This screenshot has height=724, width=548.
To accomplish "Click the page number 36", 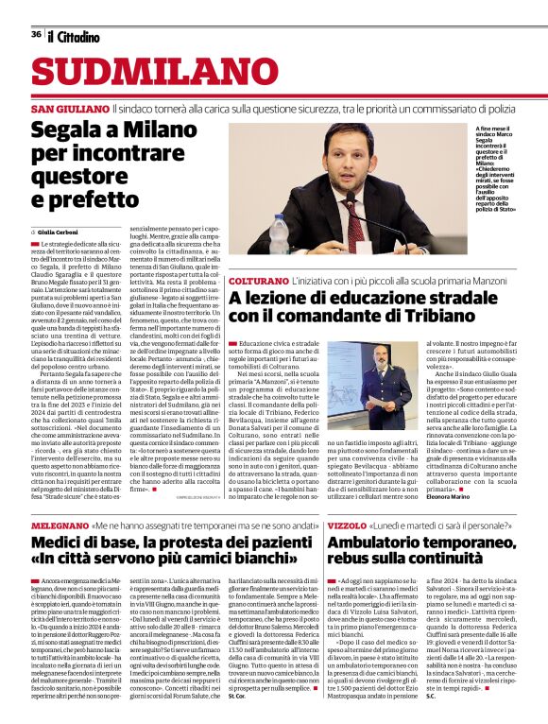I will pos(36,35).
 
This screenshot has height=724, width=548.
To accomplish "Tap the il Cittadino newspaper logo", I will pos(74,36).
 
